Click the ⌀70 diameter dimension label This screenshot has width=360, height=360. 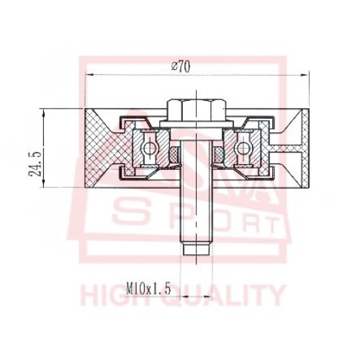(181, 67)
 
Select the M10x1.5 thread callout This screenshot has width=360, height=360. (148, 289)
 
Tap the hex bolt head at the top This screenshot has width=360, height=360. (197, 110)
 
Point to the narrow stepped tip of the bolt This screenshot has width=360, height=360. (197, 250)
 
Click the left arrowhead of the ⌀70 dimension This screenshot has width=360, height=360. (89, 75)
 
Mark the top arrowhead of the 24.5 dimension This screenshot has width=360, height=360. (43, 113)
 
